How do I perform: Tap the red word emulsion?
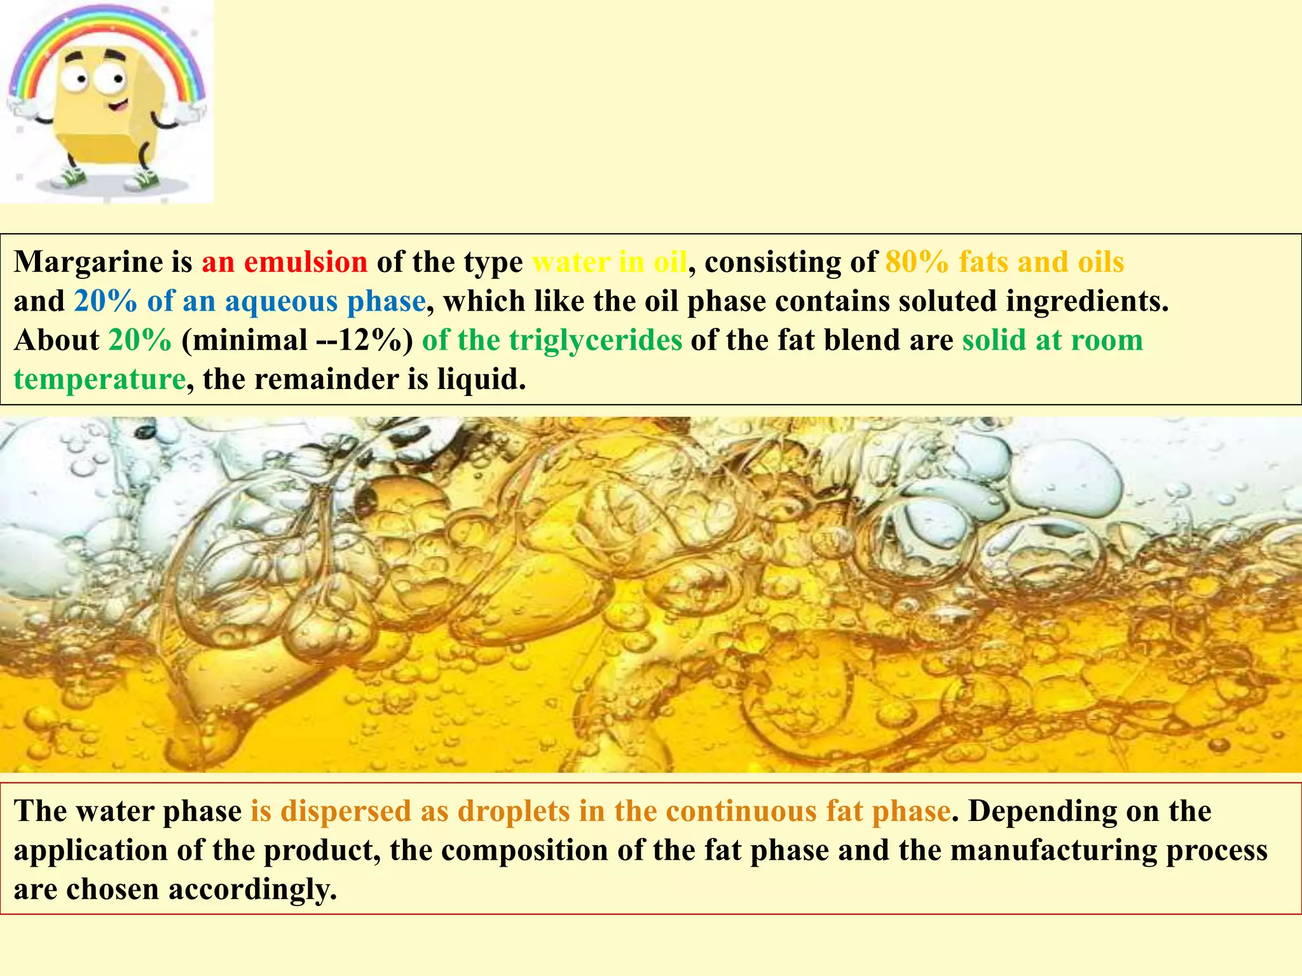click(305, 262)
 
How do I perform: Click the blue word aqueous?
click(282, 301)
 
